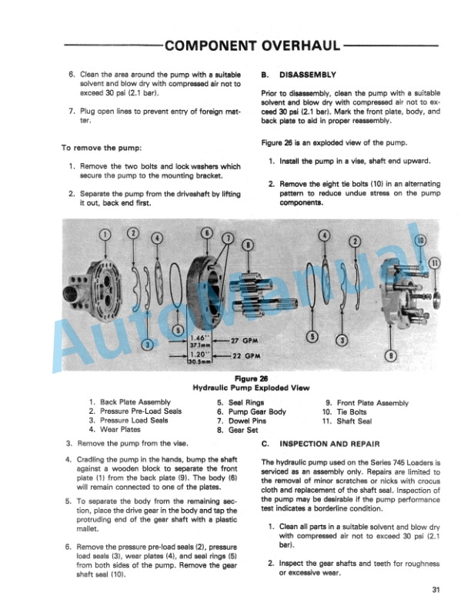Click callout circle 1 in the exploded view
tap(105, 235)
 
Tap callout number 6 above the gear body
tap(205, 232)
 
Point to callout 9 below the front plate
tap(391, 354)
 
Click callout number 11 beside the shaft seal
tap(435, 261)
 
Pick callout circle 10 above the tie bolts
tap(420, 241)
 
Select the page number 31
tap(437, 591)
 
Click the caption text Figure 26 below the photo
tap(252, 379)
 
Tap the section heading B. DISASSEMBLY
tap(299, 75)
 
